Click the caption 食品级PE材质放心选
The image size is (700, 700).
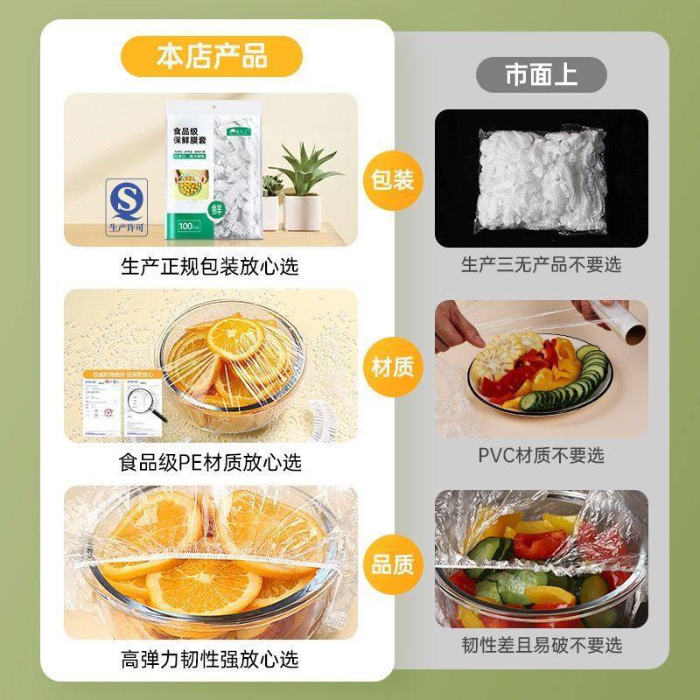point(210,461)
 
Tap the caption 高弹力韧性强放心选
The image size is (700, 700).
point(210,658)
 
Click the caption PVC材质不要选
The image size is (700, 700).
point(541,455)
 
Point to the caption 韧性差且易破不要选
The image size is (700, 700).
point(541,646)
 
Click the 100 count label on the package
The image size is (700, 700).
point(187,227)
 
